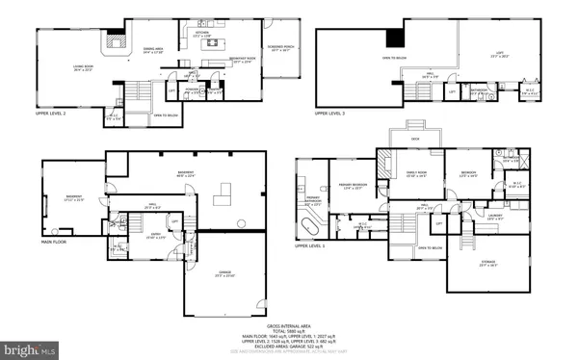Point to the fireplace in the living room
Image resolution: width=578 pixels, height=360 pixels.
click(x=118, y=41)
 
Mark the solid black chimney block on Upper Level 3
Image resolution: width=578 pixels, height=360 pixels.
click(x=395, y=38)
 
